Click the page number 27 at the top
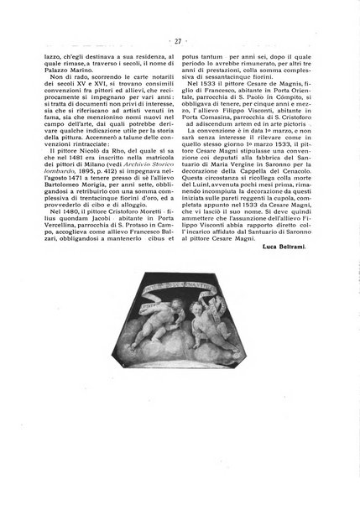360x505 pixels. [180, 39]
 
